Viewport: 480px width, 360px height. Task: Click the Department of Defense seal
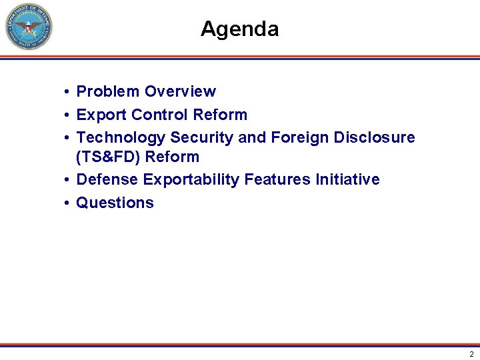tap(29, 27)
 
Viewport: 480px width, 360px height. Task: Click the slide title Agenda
tap(239, 29)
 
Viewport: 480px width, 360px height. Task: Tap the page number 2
tap(471, 354)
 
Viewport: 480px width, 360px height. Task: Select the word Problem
tap(108, 91)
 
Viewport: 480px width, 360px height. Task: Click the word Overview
tap(180, 91)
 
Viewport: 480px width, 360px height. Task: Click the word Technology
tap(121, 137)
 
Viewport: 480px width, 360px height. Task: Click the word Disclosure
tap(374, 137)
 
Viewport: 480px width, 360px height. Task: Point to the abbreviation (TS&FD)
tap(108, 157)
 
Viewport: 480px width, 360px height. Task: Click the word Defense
tap(107, 179)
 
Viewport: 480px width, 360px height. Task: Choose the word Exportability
tap(191, 179)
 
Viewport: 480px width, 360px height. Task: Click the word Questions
tap(115, 203)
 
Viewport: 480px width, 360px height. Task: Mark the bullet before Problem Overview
tap(68, 92)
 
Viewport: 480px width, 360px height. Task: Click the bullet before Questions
tap(68, 203)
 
